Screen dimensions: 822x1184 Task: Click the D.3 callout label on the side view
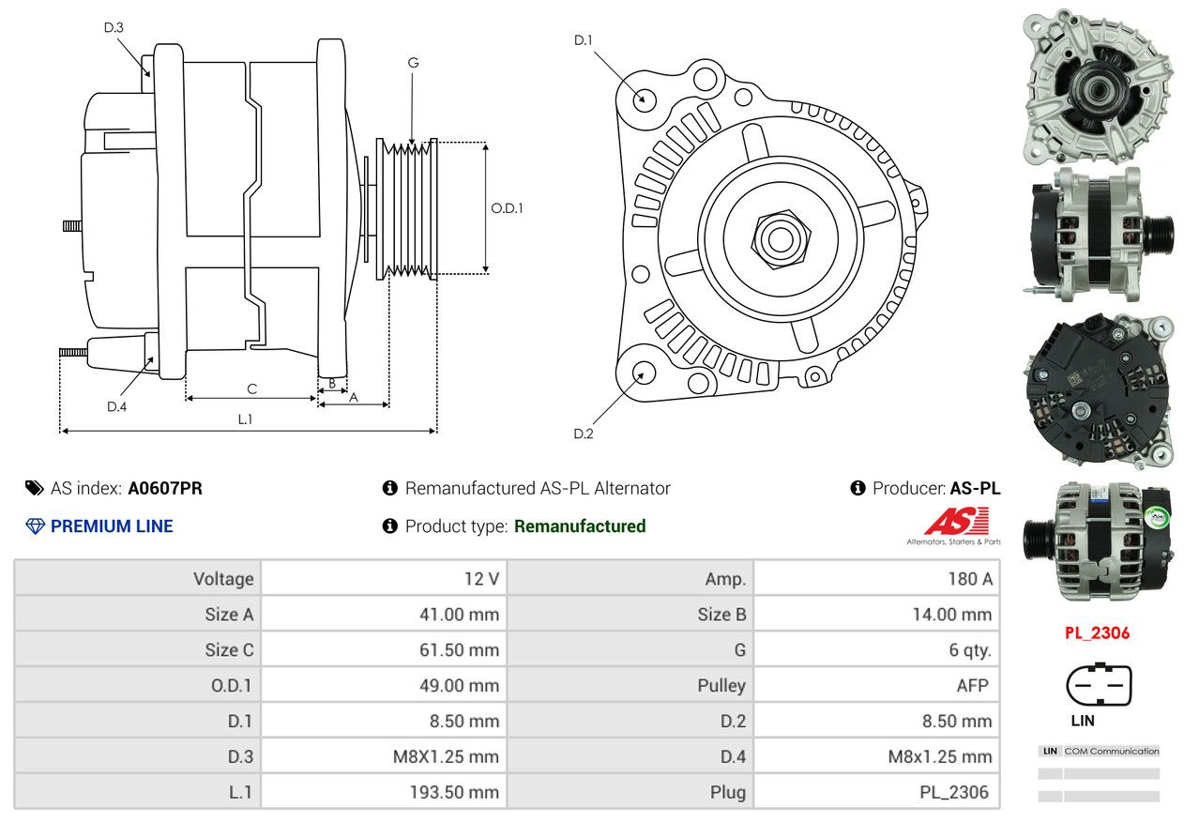pyautogui.click(x=114, y=27)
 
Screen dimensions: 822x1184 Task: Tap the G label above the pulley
pyautogui.click(x=413, y=63)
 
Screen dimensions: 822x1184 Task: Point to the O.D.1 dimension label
pyautogui.click(x=507, y=208)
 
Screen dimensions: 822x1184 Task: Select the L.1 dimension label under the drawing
pyautogui.click(x=245, y=419)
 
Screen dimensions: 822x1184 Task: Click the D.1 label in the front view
pyautogui.click(x=584, y=39)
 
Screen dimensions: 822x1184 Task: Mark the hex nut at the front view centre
pyautogui.click(x=779, y=238)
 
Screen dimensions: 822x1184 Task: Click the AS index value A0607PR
pyautogui.click(x=165, y=488)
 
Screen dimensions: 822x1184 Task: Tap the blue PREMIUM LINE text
pyautogui.click(x=112, y=526)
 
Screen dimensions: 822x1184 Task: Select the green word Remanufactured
pyautogui.click(x=580, y=526)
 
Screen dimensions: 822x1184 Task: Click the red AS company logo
pyautogui.click(x=956, y=521)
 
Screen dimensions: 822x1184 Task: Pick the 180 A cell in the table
pyautogui.click(x=876, y=578)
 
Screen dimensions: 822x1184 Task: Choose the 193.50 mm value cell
pyautogui.click(x=383, y=792)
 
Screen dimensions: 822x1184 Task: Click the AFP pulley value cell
pyautogui.click(x=876, y=685)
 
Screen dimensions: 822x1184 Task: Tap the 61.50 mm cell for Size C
pyautogui.click(x=383, y=649)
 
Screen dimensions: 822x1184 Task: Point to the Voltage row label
pyautogui.click(x=138, y=578)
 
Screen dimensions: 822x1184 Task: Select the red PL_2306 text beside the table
pyautogui.click(x=1097, y=632)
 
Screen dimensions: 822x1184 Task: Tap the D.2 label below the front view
pyautogui.click(x=584, y=434)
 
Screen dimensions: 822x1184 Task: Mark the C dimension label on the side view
pyautogui.click(x=251, y=388)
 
